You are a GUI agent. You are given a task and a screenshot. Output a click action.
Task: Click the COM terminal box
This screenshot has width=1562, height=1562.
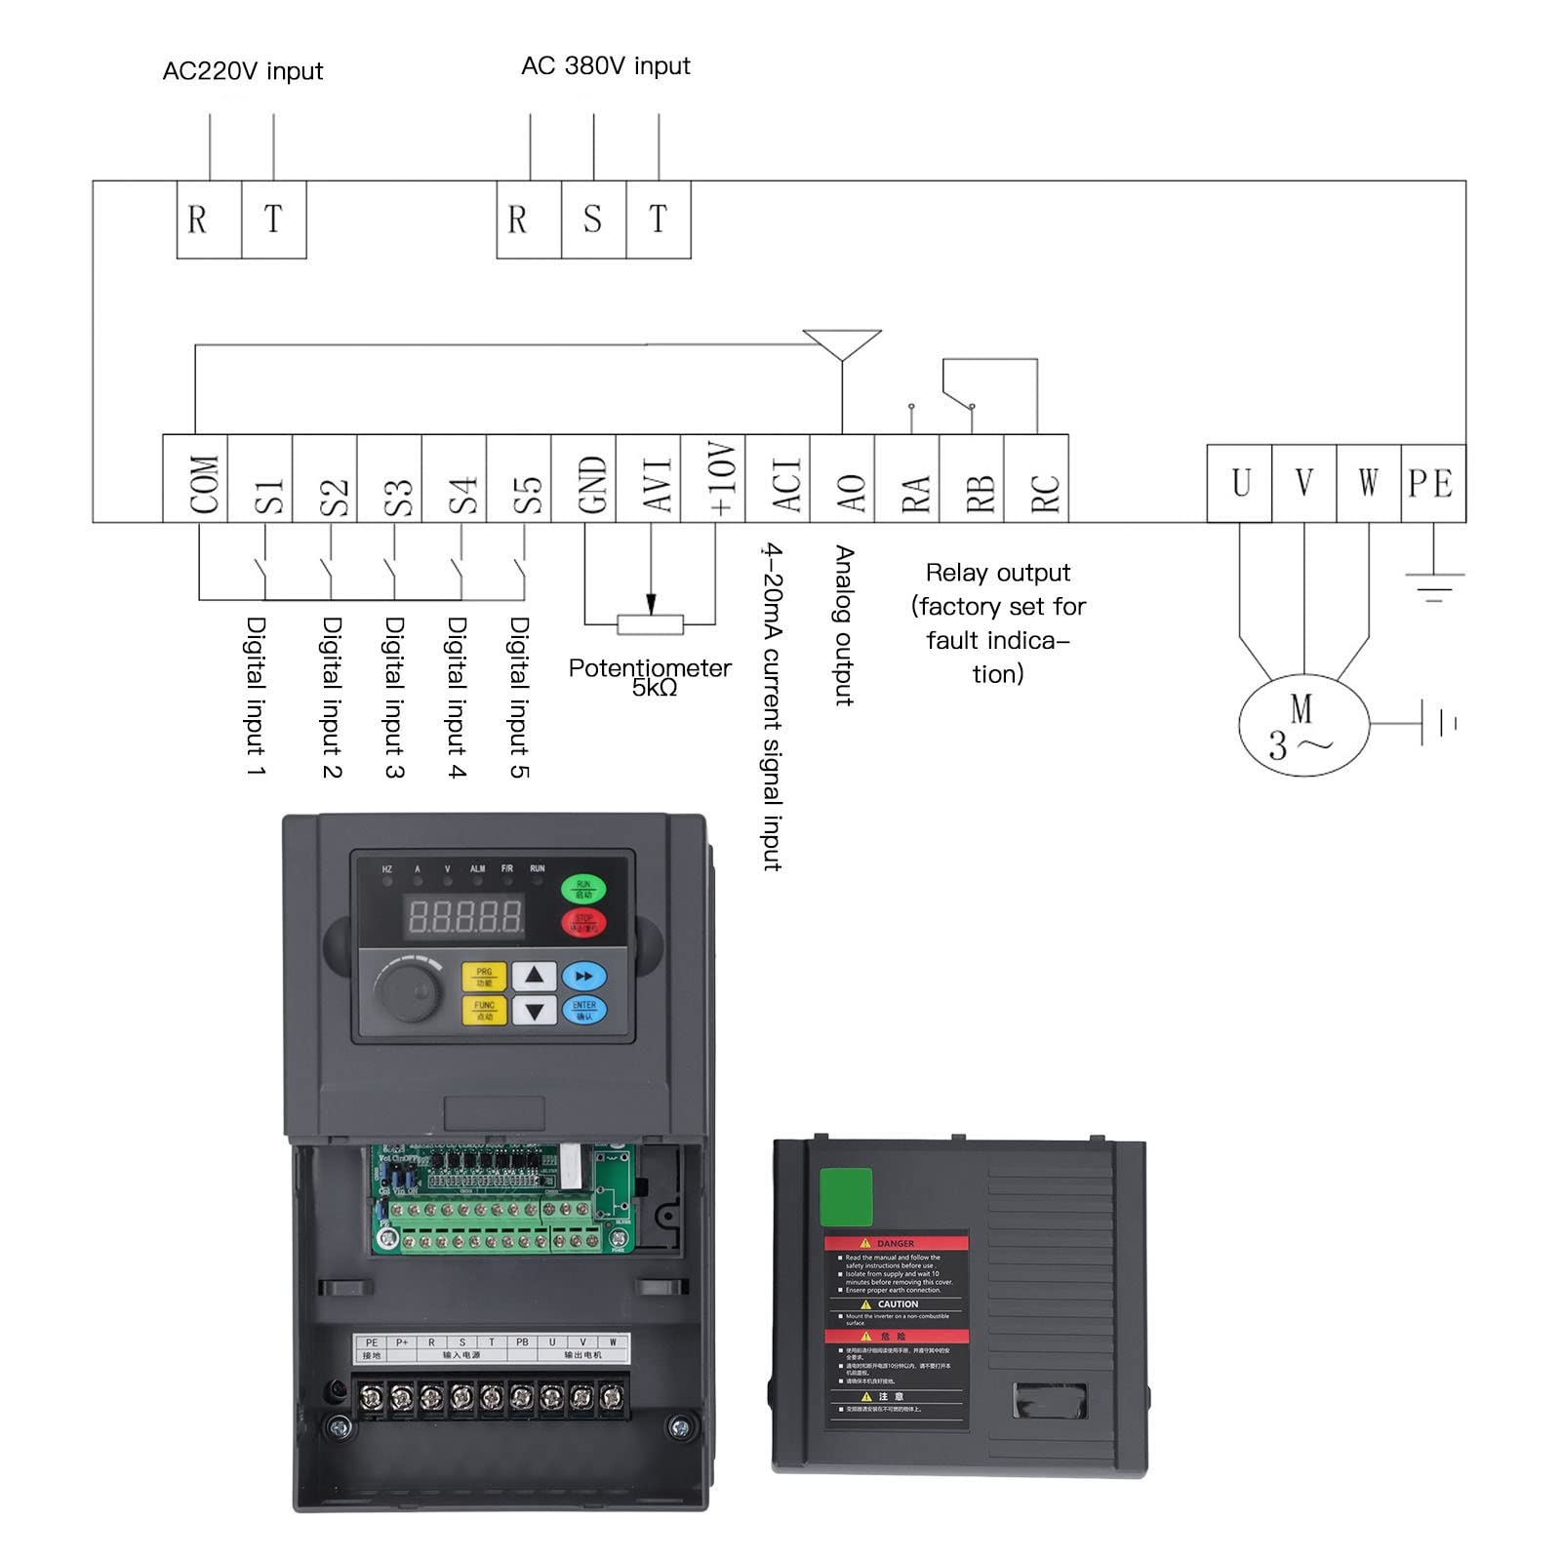click(195, 479)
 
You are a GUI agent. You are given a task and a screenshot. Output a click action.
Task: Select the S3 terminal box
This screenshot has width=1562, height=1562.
click(389, 479)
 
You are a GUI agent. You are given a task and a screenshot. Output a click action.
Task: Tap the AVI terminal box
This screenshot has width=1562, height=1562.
click(648, 479)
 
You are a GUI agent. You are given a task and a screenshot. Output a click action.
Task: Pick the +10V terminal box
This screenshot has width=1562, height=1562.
click(713, 479)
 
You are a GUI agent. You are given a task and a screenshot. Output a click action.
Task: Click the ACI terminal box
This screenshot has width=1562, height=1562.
click(778, 479)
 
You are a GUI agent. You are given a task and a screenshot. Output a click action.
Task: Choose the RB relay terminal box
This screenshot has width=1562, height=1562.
click(972, 479)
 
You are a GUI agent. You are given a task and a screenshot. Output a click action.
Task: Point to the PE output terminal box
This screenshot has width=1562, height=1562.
click(1432, 483)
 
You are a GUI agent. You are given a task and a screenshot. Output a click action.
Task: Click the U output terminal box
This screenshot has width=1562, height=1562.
click(1239, 483)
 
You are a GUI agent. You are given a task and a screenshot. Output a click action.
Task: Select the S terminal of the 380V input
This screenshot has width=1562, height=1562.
click(593, 220)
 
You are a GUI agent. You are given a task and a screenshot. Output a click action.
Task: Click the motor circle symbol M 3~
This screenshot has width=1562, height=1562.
click(1303, 726)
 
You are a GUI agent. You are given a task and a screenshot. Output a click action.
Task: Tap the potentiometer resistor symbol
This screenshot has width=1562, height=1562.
click(651, 624)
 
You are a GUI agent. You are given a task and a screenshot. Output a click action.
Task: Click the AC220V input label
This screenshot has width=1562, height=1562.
click(242, 71)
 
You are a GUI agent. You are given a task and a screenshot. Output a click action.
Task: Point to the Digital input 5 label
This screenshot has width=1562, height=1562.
click(520, 697)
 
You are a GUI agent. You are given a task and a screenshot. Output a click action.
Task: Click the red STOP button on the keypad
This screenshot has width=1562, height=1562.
click(583, 922)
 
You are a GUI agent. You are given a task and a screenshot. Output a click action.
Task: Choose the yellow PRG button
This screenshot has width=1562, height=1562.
click(484, 977)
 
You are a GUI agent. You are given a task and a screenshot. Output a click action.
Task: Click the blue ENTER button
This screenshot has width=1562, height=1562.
click(584, 1011)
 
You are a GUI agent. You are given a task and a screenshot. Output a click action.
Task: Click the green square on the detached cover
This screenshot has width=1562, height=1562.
click(846, 1197)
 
